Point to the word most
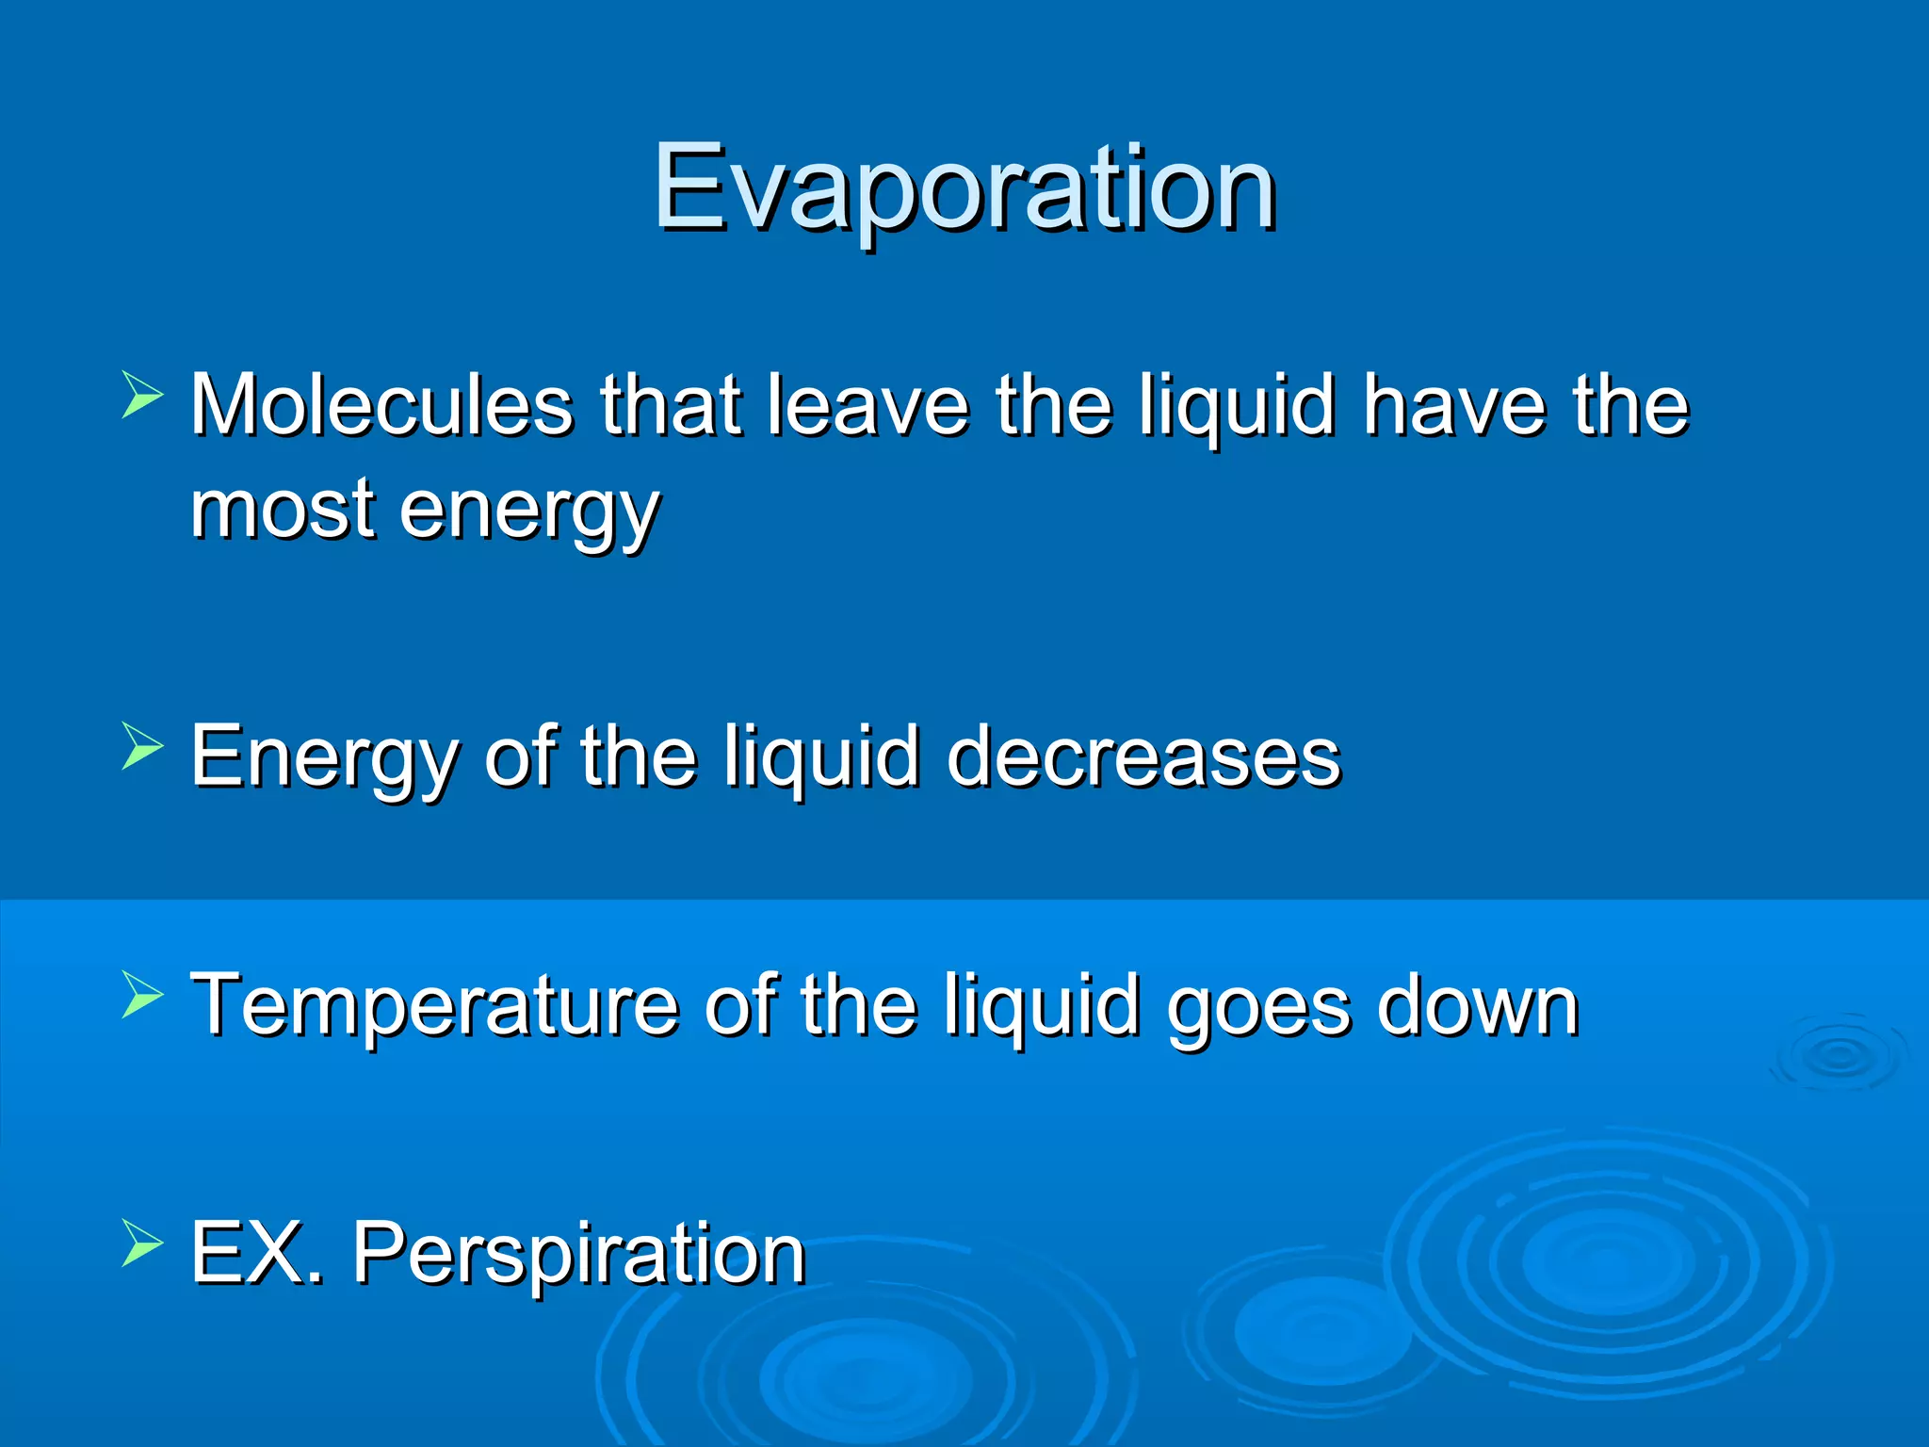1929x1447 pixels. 284,510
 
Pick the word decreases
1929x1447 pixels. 1143,756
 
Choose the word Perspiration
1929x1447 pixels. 579,1257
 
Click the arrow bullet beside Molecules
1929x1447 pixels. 142,395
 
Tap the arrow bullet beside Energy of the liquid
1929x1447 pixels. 142,747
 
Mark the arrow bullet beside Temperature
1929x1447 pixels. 142,996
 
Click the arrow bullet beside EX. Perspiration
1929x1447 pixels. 142,1244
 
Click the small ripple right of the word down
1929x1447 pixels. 1837,1055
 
